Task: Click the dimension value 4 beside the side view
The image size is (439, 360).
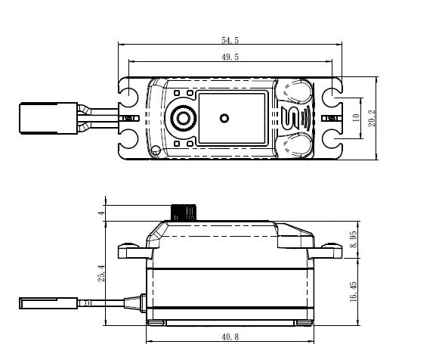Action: [101, 214]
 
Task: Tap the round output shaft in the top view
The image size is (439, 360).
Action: [184, 118]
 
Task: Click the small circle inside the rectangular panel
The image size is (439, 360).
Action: [224, 118]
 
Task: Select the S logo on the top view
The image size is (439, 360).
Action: [292, 118]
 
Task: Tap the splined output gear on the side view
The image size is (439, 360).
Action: [184, 210]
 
